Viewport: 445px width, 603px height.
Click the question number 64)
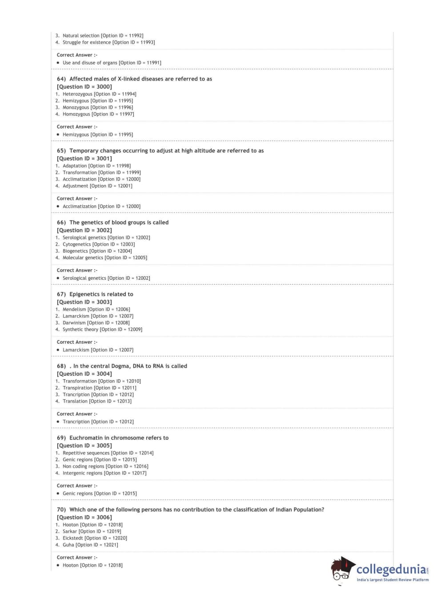tap(61, 79)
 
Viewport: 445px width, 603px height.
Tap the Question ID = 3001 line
tap(84, 158)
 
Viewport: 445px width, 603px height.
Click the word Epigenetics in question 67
tap(84, 294)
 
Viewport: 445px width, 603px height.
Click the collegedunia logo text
tap(391, 569)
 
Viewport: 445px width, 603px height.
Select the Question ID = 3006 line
tap(84, 517)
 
